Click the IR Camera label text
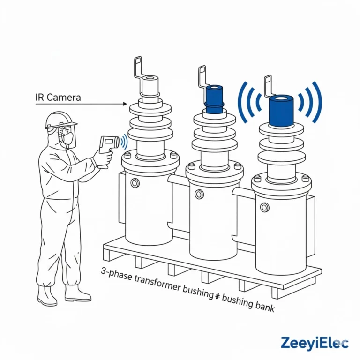58,97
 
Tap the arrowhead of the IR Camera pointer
126,104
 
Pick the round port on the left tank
135,182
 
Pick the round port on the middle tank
199,194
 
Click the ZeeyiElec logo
315,343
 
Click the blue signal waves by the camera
124,142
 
